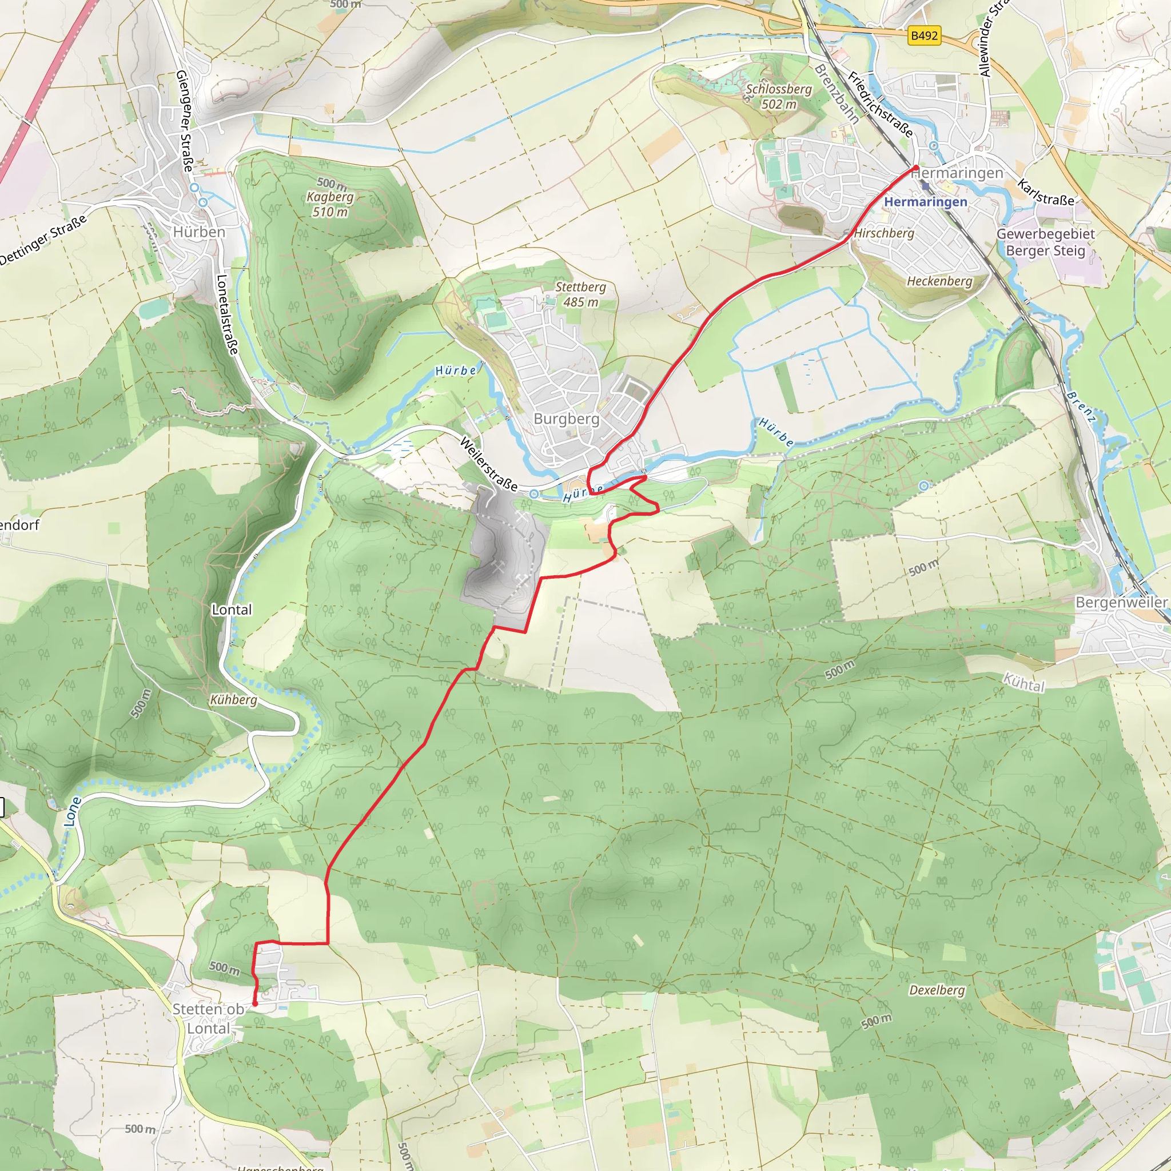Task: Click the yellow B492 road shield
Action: [924, 36]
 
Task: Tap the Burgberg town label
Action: [566, 419]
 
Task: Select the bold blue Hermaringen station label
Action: [926, 202]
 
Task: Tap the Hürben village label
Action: [199, 232]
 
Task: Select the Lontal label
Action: [232, 610]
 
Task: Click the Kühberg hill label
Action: [233, 700]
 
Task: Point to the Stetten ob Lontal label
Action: [208, 1018]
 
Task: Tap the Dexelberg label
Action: [937, 990]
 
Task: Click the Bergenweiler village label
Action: [1121, 603]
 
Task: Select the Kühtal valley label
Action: [1023, 683]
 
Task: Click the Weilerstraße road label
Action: [488, 464]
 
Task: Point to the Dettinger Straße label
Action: [42, 241]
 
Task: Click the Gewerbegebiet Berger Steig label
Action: [1045, 242]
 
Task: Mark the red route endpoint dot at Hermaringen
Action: [916, 168]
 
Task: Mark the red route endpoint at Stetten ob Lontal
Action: [255, 1003]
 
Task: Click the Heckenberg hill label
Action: [939, 281]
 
